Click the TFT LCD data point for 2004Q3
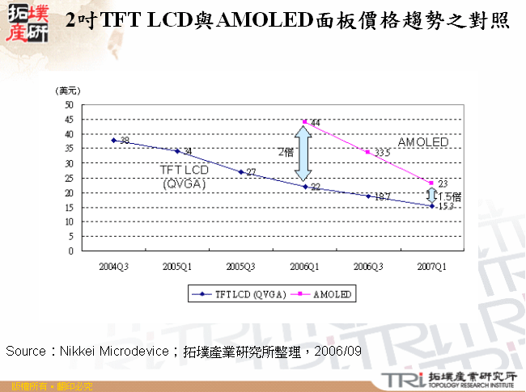114,140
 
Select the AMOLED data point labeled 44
304,122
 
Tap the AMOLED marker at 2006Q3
368,152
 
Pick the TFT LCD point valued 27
241,172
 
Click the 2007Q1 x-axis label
431,265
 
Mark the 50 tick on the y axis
69,105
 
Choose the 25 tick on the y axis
69,178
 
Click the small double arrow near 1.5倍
432,196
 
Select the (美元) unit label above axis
67,91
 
